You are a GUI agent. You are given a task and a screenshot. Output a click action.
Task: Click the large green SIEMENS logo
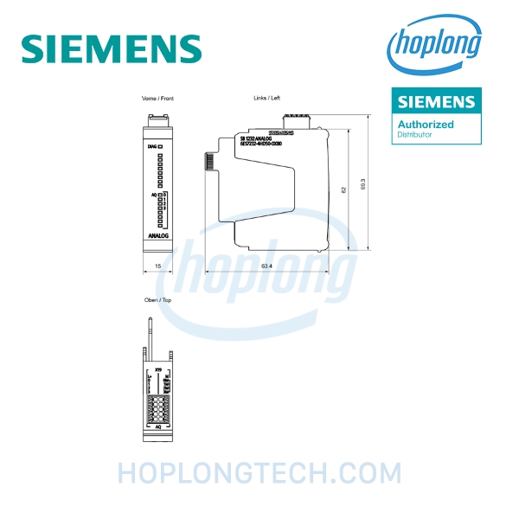pos(112,48)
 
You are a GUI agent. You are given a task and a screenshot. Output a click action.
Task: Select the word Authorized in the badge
pos(426,125)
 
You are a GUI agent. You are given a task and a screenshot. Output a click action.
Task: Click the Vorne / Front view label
pos(158,99)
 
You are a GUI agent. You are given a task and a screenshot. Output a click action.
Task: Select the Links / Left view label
pos(266,99)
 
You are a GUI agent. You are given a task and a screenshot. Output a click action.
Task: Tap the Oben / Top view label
pos(157,299)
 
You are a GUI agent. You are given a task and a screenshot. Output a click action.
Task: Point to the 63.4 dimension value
pos(266,266)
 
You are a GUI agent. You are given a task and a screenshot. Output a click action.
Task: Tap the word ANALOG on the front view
pos(158,234)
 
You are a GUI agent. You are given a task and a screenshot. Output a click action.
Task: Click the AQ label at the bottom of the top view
pos(157,426)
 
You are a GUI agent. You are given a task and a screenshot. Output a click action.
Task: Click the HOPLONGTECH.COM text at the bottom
pos(259,473)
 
